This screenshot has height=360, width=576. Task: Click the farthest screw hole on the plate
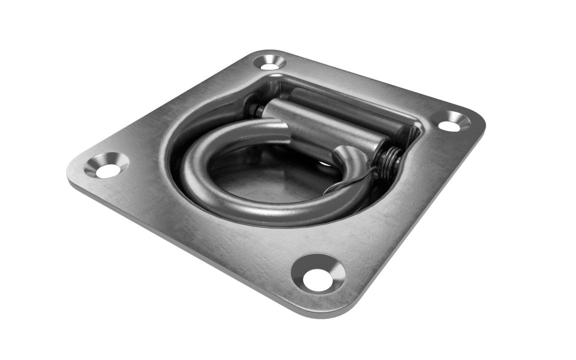270,63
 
